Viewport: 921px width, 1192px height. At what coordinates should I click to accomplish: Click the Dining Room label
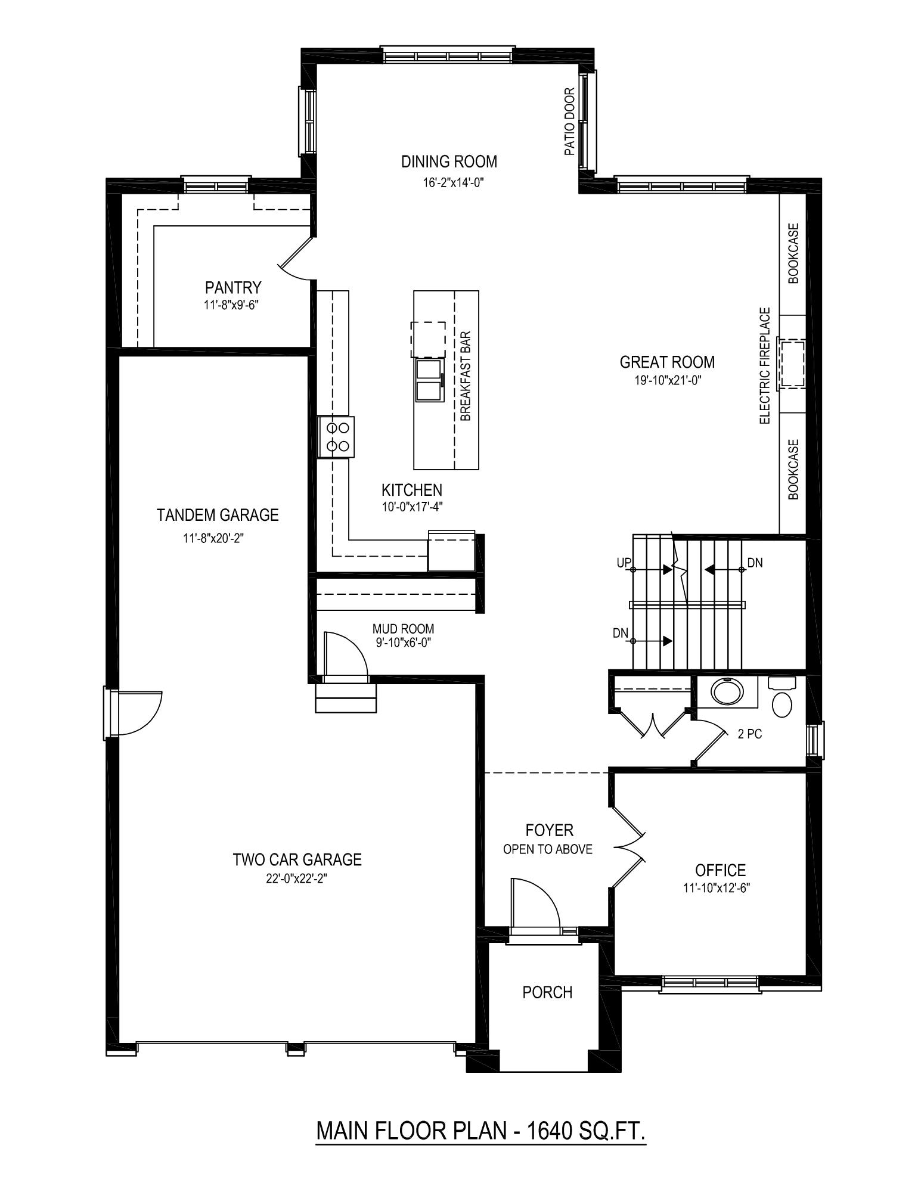[x=449, y=162]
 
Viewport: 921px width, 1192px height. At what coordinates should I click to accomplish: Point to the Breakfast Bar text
[x=466, y=376]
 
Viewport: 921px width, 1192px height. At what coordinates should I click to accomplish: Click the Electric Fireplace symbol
[x=792, y=364]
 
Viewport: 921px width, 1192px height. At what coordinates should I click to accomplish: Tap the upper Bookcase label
[x=793, y=253]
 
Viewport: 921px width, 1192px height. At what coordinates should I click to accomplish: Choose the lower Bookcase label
[x=793, y=469]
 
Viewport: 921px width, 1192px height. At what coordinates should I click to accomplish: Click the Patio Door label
[x=570, y=122]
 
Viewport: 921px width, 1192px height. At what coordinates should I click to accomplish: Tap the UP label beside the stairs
[x=624, y=563]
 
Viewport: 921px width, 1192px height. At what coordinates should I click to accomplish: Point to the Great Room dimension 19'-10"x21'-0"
[x=667, y=380]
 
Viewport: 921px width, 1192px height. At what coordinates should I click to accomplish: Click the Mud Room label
[x=403, y=629]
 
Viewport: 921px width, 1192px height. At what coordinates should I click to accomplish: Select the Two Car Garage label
[x=297, y=859]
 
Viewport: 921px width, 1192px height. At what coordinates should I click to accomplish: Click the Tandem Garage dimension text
[x=214, y=538]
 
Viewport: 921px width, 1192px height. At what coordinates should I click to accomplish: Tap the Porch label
[x=547, y=992]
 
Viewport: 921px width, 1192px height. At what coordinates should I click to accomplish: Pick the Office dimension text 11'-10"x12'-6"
[x=717, y=887]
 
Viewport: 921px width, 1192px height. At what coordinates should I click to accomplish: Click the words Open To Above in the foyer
[x=548, y=849]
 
